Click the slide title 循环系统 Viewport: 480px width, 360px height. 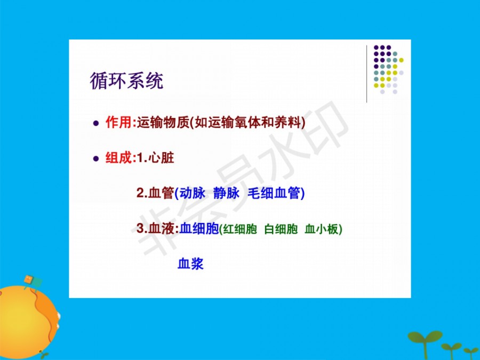click(126, 81)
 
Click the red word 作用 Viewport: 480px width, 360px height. click(119, 123)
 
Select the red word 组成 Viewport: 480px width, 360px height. click(119, 158)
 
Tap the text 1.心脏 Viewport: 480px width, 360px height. click(155, 158)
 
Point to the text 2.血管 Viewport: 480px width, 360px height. click(155, 193)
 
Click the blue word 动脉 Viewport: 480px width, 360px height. click(192, 193)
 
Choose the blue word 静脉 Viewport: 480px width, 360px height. click(226, 193)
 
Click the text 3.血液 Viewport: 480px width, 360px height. click(156, 228)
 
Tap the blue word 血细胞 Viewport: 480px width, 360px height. click(199, 228)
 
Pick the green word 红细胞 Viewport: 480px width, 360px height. click(240, 229)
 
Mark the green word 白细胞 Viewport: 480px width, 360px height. click(281, 229)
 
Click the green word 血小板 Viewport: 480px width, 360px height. click(322, 229)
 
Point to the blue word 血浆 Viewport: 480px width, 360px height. click(190, 264)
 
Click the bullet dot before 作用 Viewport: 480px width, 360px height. click(96, 123)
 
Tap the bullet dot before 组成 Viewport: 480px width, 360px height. click(96, 158)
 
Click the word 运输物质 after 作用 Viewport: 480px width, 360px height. click(163, 123)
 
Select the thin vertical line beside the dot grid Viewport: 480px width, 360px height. click(367, 74)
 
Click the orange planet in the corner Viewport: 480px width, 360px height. click(28, 322)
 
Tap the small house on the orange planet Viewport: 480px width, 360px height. click(33, 282)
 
